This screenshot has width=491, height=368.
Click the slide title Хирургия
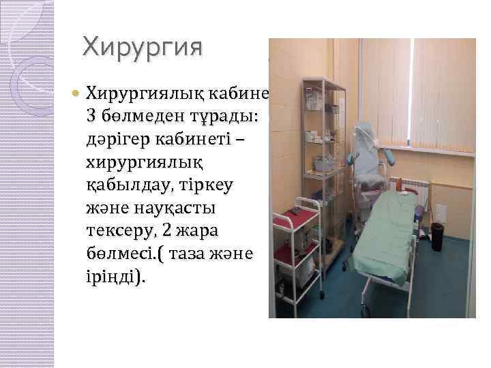click(x=143, y=48)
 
